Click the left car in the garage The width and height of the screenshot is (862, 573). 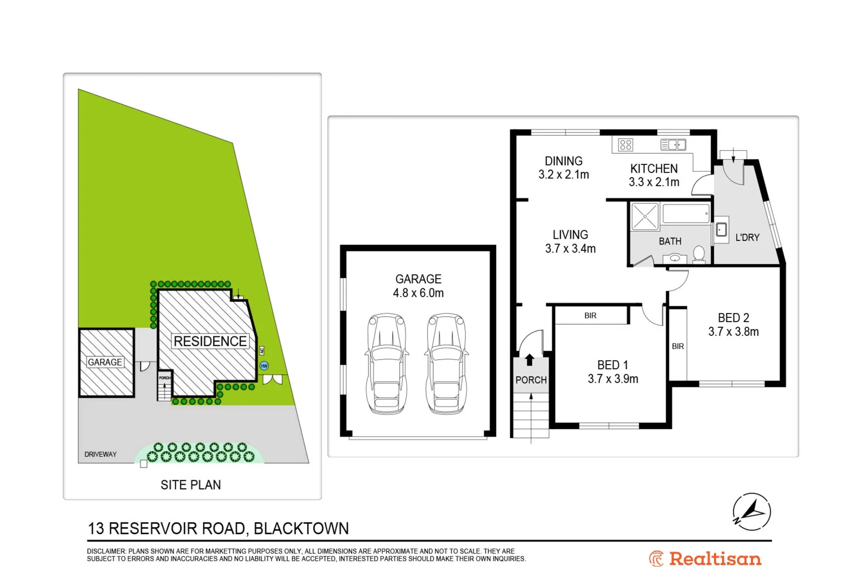[x=387, y=363]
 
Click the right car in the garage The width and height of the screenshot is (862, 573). [x=446, y=363]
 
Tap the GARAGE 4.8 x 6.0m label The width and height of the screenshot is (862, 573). [x=418, y=286]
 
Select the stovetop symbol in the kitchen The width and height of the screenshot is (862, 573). [x=626, y=145]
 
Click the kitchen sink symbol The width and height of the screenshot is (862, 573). [x=673, y=145]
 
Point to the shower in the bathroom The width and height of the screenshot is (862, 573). [x=645, y=216]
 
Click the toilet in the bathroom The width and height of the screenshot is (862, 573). [x=699, y=254]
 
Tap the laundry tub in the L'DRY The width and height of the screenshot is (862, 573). [x=721, y=230]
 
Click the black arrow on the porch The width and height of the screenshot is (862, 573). [x=529, y=360]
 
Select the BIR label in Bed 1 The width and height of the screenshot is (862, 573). [x=590, y=316]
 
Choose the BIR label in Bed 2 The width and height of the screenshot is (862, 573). [x=678, y=346]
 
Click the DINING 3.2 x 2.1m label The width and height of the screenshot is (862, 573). [x=564, y=168]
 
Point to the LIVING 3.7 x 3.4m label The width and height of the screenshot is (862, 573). [x=570, y=241]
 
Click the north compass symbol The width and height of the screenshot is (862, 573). [x=752, y=512]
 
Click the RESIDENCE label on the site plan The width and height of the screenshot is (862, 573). [x=210, y=341]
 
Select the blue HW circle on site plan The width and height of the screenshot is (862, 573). [x=264, y=366]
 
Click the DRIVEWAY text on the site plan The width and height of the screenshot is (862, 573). [x=100, y=455]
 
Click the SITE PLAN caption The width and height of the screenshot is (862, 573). [x=191, y=485]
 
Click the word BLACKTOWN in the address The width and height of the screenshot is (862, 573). [x=301, y=529]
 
